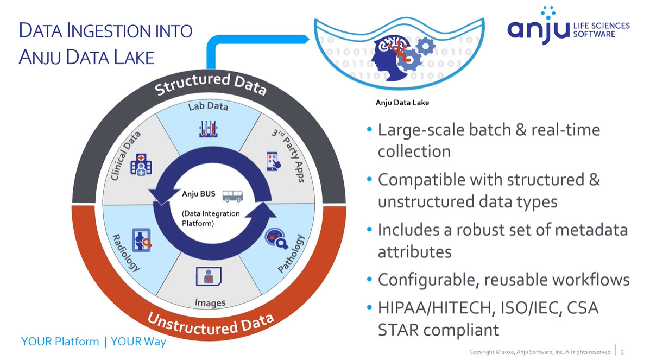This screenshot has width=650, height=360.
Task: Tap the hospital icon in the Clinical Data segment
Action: (138, 165)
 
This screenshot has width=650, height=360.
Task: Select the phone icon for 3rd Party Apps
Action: (274, 161)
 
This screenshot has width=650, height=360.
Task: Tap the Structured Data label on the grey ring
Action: (211, 84)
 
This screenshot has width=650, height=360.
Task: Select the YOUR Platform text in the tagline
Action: (60, 342)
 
